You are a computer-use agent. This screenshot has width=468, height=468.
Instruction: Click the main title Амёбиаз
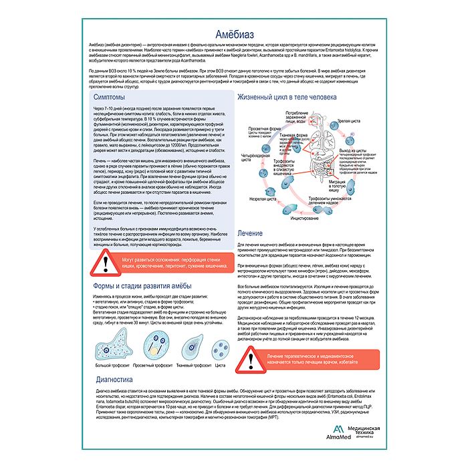(233, 32)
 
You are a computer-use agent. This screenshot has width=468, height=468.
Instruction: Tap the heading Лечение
(252, 233)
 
